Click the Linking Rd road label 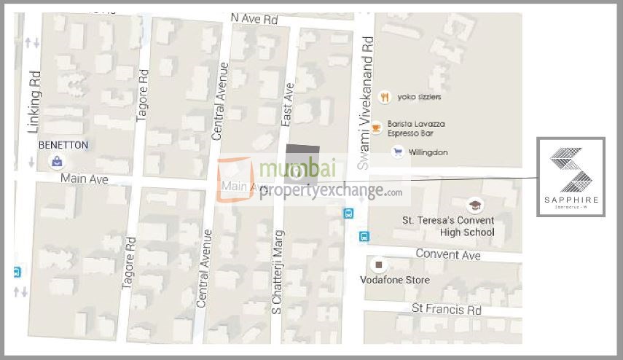click(x=33, y=102)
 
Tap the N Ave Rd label click(x=254, y=17)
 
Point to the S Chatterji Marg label click(x=277, y=273)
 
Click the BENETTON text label click(x=63, y=145)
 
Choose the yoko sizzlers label click(x=419, y=97)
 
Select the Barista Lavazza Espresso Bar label click(x=415, y=129)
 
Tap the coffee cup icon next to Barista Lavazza click(x=376, y=128)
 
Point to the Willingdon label click(x=428, y=152)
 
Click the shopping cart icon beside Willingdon click(x=397, y=152)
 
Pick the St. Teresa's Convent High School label click(x=448, y=226)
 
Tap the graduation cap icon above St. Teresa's click(x=475, y=205)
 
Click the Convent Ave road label click(x=448, y=254)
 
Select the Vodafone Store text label click(x=395, y=280)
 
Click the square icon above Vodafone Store click(x=378, y=265)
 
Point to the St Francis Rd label click(x=447, y=310)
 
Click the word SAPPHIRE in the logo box click(x=572, y=199)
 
